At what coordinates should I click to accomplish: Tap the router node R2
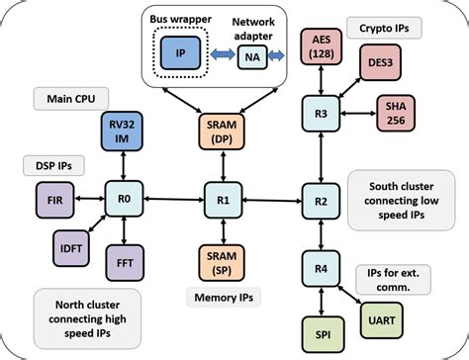322,201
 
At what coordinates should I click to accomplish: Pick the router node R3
322,116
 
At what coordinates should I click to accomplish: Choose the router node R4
322,268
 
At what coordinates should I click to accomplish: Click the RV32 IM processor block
125,134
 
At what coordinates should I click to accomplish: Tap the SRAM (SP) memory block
223,261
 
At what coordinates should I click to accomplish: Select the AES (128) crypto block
322,46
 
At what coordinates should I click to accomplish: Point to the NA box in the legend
250,57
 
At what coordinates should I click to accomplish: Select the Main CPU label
65,98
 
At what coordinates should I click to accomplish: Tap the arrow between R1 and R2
272,201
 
